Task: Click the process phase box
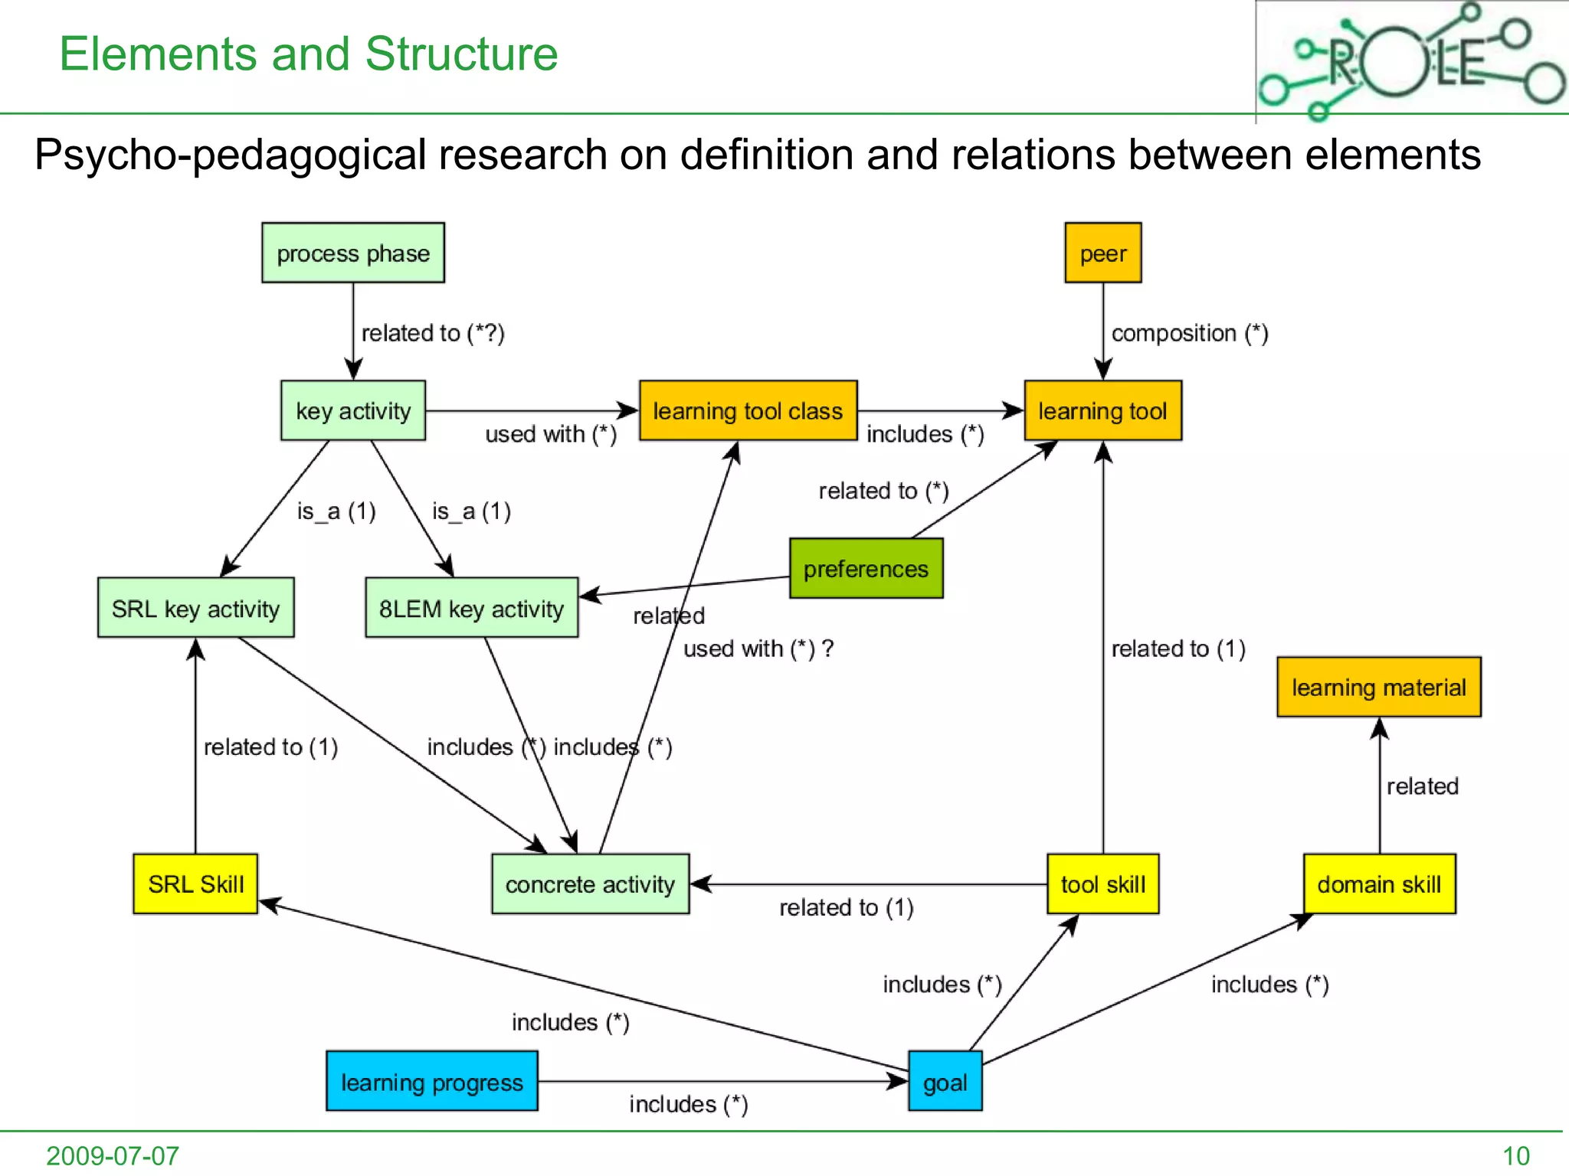coord(352,253)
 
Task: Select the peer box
coord(1102,253)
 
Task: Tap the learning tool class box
coord(748,410)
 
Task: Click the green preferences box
coord(866,568)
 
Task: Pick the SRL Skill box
coord(195,884)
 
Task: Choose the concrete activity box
coord(590,884)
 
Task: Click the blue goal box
coord(945,1081)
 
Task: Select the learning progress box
coord(431,1081)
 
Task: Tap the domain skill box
coord(1379,884)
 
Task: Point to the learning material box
coord(1378,687)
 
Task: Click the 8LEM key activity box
coord(471,608)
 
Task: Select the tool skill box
coord(1102,884)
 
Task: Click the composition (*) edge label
coord(1189,333)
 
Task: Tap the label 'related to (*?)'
coord(433,333)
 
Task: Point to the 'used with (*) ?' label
coord(758,648)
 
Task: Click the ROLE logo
coord(1411,61)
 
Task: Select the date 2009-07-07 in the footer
coord(113,1155)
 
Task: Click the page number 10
coord(1515,1155)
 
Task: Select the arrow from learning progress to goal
coord(720,1081)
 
